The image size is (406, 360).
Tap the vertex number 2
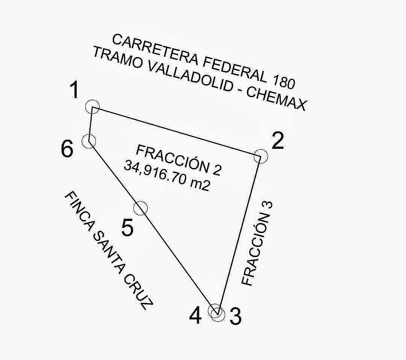[x=277, y=142]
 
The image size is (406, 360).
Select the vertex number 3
[x=235, y=316]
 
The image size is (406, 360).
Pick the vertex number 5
[x=128, y=228]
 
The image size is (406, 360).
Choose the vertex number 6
[x=67, y=150]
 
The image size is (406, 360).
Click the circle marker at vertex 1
[x=92, y=107]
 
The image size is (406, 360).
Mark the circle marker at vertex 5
[x=140, y=208]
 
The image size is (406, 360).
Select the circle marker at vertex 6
[x=89, y=141]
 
